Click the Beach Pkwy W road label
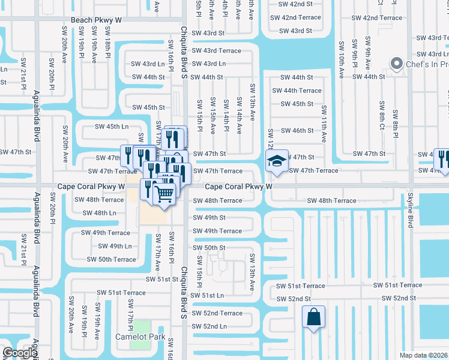click(x=96, y=20)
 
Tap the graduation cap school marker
click(x=277, y=160)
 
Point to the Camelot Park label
click(x=140, y=337)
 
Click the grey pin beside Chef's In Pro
click(x=396, y=64)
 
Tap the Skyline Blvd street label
click(x=411, y=214)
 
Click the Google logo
click(x=19, y=353)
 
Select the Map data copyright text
click(x=423, y=355)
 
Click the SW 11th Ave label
click(x=324, y=124)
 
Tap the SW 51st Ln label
click(x=207, y=295)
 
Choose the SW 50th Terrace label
click(x=111, y=259)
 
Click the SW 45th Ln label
click(x=112, y=127)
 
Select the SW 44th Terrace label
click(x=297, y=91)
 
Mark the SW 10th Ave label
click(x=341, y=59)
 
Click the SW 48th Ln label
click(x=99, y=213)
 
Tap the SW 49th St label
click(x=209, y=218)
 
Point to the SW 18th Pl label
click(x=107, y=46)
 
